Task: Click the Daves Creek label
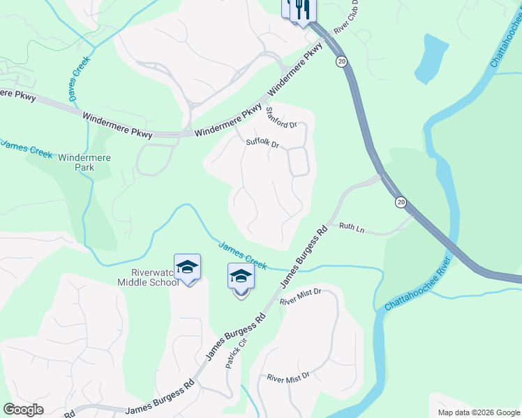tap(75, 80)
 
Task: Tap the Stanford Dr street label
tap(281, 118)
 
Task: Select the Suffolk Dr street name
tap(262, 144)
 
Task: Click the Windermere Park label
tap(75, 163)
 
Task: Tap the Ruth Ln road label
tap(352, 227)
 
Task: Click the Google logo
tap(23, 410)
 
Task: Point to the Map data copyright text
tap(479, 412)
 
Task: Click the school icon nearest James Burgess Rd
tap(241, 277)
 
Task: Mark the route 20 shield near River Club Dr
tap(341, 61)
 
